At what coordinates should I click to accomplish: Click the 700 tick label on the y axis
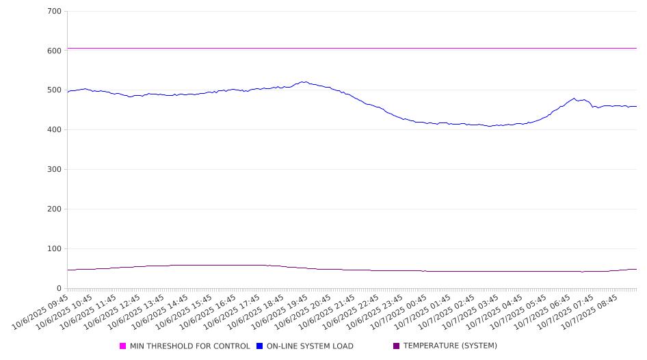pos(54,12)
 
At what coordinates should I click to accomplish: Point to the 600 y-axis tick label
pos(54,51)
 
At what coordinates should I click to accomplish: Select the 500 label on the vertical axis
pos(54,90)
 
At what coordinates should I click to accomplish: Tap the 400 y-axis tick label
pos(54,130)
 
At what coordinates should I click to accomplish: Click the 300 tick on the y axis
pos(54,170)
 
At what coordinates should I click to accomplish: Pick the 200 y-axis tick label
pos(54,209)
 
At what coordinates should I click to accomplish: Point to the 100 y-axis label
pos(54,249)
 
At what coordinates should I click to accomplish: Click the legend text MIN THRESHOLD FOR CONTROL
pos(189,346)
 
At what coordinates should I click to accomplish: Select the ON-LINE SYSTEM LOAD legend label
pos(310,346)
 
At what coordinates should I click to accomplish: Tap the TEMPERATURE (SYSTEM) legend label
pos(450,346)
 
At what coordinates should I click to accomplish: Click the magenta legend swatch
pos(123,346)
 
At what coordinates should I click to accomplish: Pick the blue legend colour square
pos(260,346)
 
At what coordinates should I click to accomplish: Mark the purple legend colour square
pos(397,346)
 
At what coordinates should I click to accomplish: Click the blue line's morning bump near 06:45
pos(574,99)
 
